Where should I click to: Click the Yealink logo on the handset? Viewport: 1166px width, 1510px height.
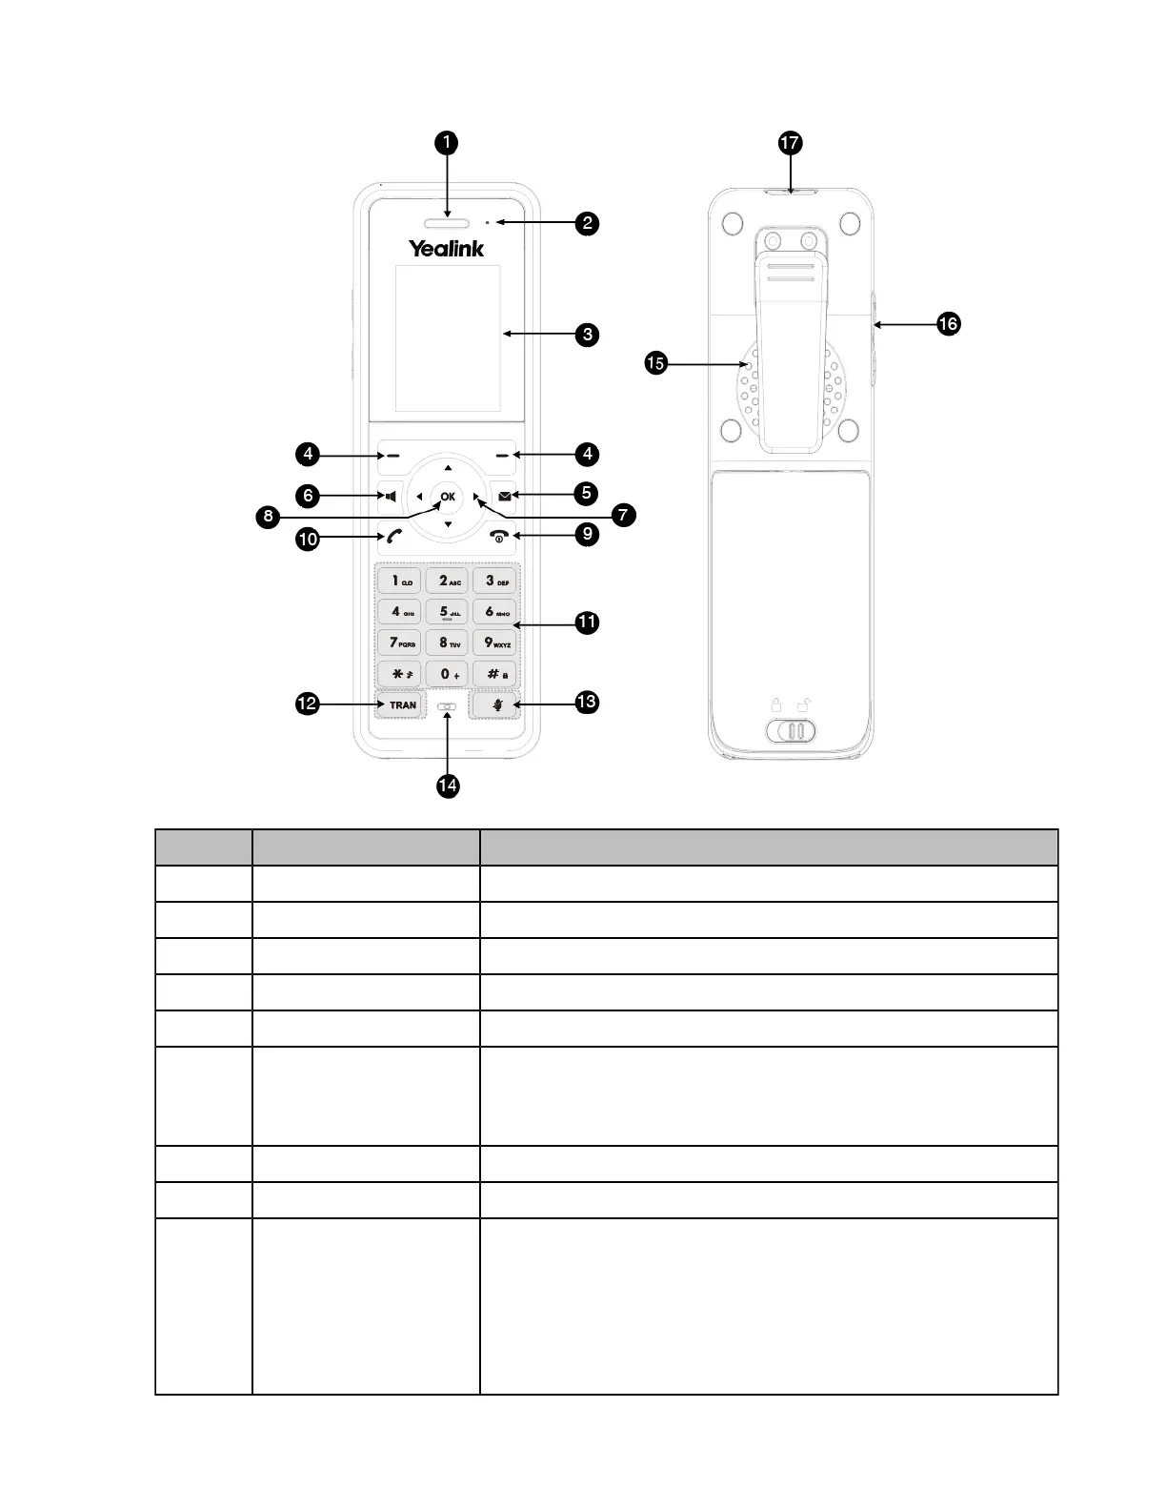[447, 249]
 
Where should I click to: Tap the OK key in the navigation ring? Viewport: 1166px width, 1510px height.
[447, 497]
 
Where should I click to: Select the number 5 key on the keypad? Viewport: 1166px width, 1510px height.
[447, 611]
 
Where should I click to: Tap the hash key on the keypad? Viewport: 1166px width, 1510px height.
[494, 674]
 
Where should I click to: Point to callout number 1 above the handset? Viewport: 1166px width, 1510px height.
[446, 143]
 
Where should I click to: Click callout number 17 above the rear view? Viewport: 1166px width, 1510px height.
[790, 143]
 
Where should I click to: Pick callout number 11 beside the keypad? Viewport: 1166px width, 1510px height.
[587, 622]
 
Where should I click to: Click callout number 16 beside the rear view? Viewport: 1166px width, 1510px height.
[948, 324]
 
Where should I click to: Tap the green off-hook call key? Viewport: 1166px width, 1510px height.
[393, 538]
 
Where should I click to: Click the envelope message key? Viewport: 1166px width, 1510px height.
[504, 496]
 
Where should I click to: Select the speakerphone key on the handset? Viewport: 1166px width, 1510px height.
[390, 497]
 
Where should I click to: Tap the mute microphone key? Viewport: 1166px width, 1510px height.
[494, 706]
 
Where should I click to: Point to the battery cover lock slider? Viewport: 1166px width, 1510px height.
[790, 731]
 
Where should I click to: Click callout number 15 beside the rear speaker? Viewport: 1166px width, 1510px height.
[654, 363]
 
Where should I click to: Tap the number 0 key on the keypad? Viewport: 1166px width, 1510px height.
[447, 674]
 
